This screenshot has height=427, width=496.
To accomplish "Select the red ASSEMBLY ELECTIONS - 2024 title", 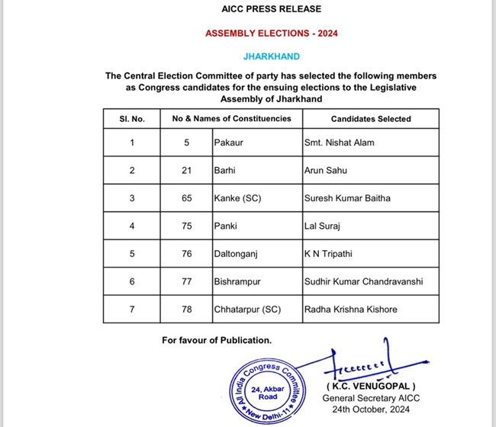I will (x=271, y=34).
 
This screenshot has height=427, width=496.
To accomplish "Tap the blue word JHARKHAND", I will (x=271, y=56).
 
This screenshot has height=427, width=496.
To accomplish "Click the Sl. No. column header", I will (x=132, y=119).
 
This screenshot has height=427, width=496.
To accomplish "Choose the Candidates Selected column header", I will (x=371, y=119).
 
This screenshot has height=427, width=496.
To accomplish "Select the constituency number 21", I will (x=187, y=170).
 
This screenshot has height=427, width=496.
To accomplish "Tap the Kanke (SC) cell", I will (x=237, y=198).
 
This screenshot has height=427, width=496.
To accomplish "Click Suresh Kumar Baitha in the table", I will (x=346, y=198).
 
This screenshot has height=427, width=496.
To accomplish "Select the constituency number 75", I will (x=187, y=226).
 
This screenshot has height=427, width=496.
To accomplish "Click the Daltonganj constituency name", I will (x=236, y=254).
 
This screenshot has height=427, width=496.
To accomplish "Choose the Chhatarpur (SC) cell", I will (x=246, y=310).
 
